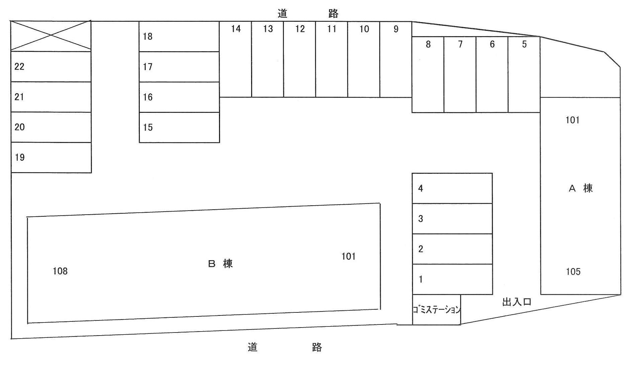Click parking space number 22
51,67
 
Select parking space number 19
51,157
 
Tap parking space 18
179,36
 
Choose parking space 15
179,127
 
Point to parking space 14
235,59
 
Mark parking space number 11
331,59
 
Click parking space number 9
396,59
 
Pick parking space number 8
428,74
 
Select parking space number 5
524,74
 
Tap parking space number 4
452,188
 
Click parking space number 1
452,279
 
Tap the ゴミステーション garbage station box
436,310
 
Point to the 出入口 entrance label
517,302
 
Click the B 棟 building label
220,264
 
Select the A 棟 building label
581,189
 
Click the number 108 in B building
60,271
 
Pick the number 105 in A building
573,272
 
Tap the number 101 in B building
348,256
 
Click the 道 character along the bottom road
252,347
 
